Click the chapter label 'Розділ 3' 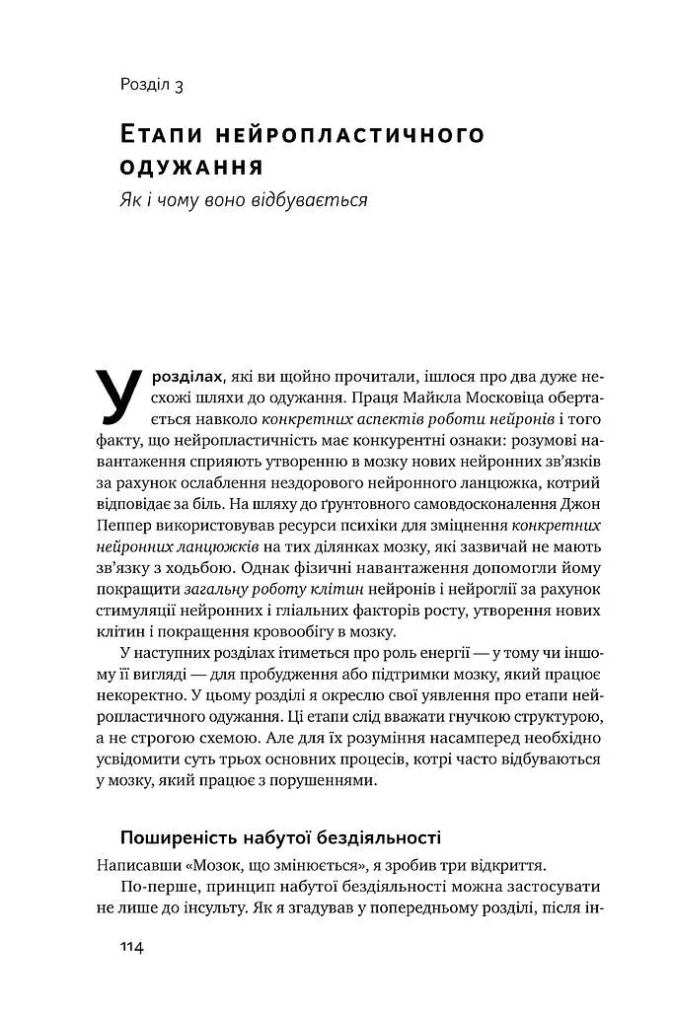pos(152,86)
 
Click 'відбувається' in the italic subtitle pos(313,199)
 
